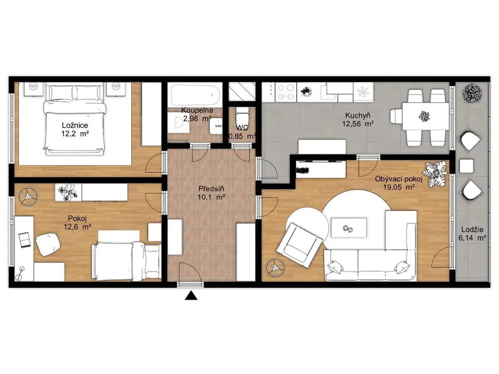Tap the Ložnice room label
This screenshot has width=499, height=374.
tap(75, 125)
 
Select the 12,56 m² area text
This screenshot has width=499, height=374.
tap(358, 124)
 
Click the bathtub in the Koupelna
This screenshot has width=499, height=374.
tap(196, 94)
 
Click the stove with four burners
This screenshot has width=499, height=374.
tap(285, 92)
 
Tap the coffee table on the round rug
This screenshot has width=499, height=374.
tap(348, 227)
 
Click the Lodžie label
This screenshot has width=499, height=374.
tap(472, 229)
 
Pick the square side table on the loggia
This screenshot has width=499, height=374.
tap(466, 166)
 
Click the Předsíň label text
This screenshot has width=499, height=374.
tap(211, 189)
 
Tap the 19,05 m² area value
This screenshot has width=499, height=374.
tap(398, 187)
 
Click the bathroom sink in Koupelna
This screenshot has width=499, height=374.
tap(216, 126)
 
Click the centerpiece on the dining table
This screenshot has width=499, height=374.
tap(425, 116)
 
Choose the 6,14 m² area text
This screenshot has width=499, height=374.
tap(472, 237)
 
